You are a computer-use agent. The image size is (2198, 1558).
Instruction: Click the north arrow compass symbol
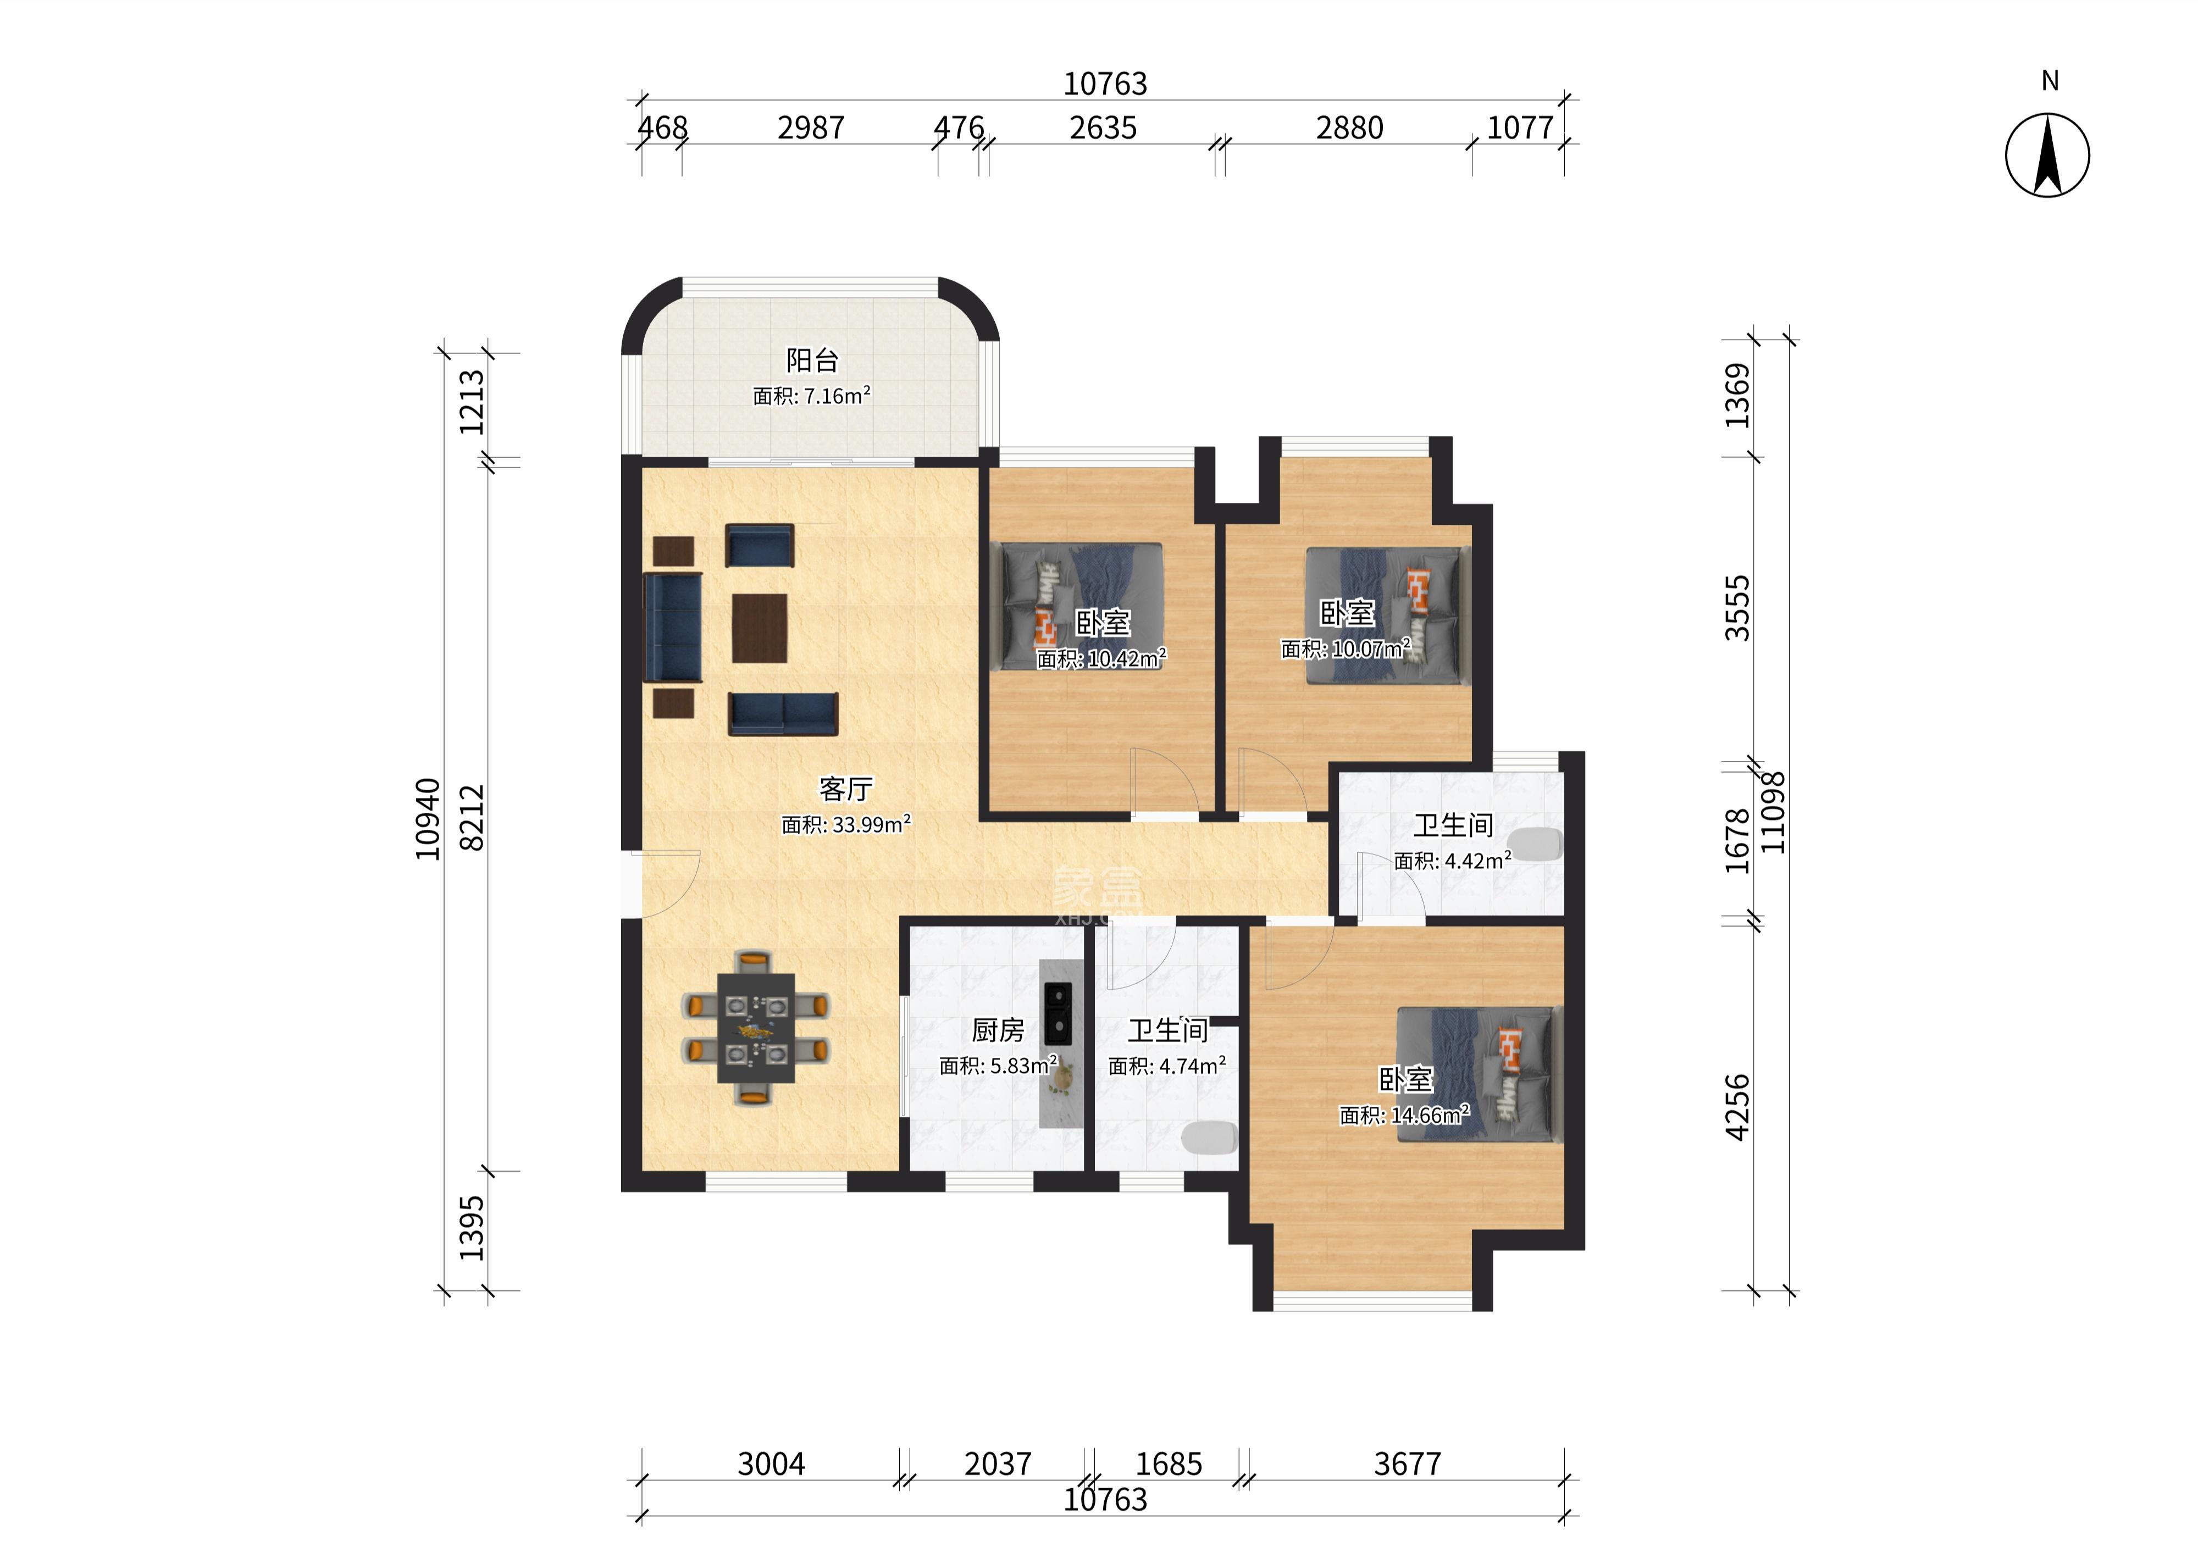pyautogui.click(x=2047, y=156)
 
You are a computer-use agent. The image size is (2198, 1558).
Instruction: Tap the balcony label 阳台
pyautogui.click(x=812, y=360)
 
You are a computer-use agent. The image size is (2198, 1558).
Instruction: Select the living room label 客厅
pyautogui.click(x=845, y=789)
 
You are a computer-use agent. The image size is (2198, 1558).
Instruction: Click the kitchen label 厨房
pyautogui.click(x=998, y=1030)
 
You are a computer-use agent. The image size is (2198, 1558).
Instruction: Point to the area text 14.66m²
pyautogui.click(x=1425, y=1115)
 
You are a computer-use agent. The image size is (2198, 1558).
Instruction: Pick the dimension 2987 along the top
pyautogui.click(x=811, y=127)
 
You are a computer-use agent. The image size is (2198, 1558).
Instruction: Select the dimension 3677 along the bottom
pyautogui.click(x=1408, y=1464)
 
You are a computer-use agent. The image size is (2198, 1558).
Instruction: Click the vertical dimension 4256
pyautogui.click(x=1737, y=1107)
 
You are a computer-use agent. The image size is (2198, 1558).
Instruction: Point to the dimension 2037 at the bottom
pyautogui.click(x=998, y=1464)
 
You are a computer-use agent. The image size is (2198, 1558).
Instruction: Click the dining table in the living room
pyautogui.click(x=756, y=1028)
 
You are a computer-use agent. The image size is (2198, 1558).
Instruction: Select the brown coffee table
pyautogui.click(x=760, y=628)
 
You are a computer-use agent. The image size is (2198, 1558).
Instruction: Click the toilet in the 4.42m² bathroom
pyautogui.click(x=1541, y=844)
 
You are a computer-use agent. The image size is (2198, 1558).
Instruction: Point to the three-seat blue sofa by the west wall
pyautogui.click(x=673, y=628)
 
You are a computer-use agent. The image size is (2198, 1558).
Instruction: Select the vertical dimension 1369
pyautogui.click(x=1737, y=395)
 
